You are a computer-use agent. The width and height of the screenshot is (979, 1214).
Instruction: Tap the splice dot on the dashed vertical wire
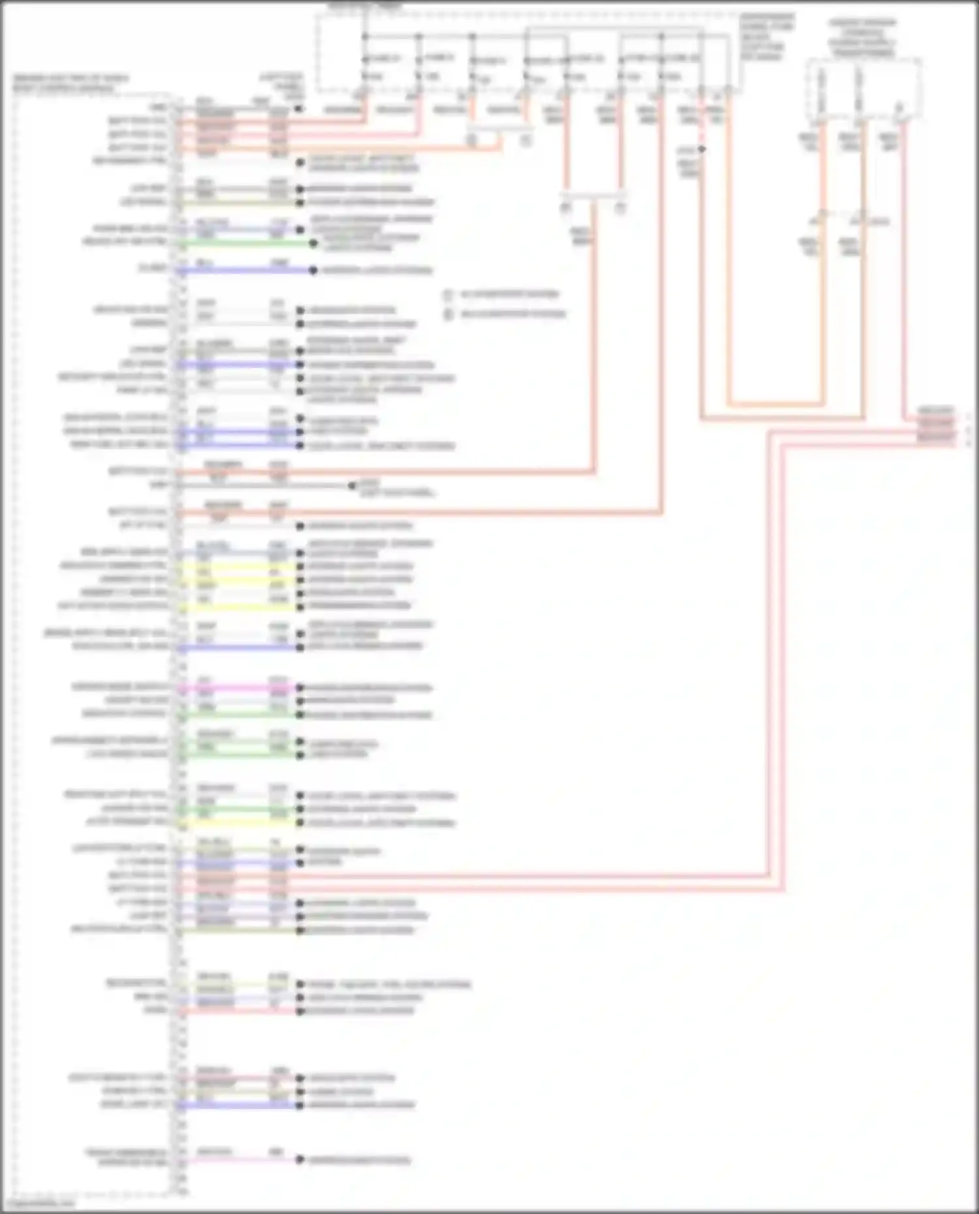pos(702,149)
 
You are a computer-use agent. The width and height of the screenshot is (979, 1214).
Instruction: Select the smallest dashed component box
pos(863,89)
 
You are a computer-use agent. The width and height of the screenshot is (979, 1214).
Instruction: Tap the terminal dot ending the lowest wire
pos(300,1160)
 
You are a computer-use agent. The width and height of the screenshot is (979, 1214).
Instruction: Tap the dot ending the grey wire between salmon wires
pos(352,485)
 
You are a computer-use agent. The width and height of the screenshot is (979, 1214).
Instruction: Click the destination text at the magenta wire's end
pos(369,688)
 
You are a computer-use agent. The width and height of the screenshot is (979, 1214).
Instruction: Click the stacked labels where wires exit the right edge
pos(936,424)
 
